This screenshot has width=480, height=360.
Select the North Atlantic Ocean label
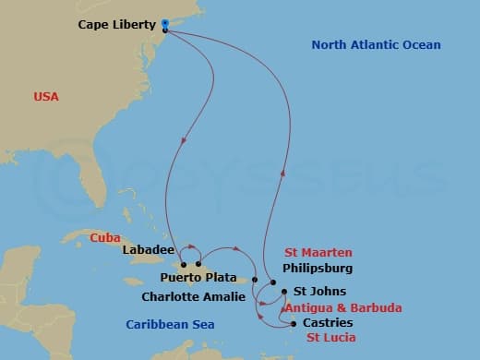[376, 45]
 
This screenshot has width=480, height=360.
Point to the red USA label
[46, 96]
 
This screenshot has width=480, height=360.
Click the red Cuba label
[105, 237]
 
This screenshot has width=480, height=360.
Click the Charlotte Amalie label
[194, 297]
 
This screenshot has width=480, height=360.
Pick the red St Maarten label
[318, 252]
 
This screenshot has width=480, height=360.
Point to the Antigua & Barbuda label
[342, 307]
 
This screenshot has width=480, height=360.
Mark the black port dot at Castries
[294, 323]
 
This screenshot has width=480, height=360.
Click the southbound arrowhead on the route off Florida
[186, 140]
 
